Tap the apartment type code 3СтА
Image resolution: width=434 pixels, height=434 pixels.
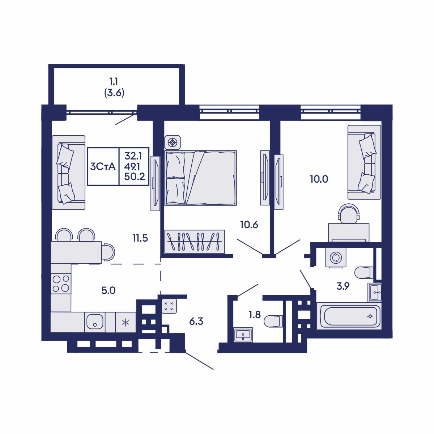tap(103, 166)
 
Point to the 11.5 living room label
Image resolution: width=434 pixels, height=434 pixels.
tap(140, 238)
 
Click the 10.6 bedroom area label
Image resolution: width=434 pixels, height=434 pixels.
tap(249, 225)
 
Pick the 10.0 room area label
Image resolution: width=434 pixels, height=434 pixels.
tap(319, 179)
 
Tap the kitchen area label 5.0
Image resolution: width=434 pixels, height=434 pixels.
tap(108, 290)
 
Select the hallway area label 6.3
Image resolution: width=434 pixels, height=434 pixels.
tap(196, 321)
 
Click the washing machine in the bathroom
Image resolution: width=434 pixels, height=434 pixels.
tap(336, 258)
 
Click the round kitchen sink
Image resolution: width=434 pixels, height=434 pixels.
tap(95, 322)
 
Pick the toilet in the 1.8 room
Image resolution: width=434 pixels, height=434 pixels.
tap(273, 321)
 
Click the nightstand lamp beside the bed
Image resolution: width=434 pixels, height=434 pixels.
tap(173, 142)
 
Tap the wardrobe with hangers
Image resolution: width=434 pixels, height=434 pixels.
tap(195, 242)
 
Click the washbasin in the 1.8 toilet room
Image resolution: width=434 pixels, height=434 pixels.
tap(242, 335)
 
